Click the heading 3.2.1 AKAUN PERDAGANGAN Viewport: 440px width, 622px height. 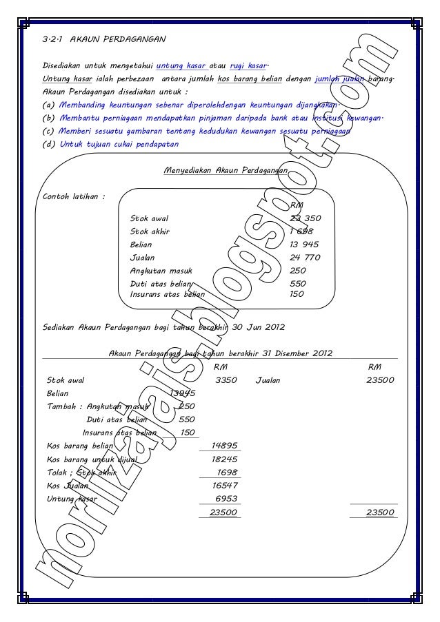pos(103,39)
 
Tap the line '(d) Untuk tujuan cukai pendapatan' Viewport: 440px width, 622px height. pos(110,145)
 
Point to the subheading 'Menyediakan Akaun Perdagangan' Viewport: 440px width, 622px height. pos(226,169)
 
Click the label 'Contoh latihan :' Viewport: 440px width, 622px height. pos(74,196)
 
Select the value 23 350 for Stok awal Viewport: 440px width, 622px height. pos(306,218)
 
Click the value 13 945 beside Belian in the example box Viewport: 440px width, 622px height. pos(304,245)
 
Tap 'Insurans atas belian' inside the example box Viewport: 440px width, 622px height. pos(168,294)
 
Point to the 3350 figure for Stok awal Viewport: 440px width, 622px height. pos(226,380)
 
